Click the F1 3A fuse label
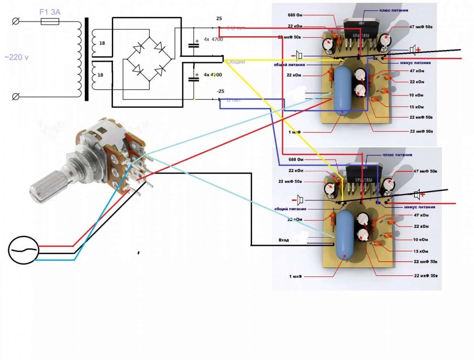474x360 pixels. click(x=50, y=13)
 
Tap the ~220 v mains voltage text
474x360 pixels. click(x=16, y=57)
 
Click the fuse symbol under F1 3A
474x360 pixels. click(x=50, y=22)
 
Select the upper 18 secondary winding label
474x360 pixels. click(x=102, y=43)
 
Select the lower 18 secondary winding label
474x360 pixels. click(x=101, y=75)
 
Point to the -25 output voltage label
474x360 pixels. click(x=220, y=91)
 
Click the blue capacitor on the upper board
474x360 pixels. click(x=343, y=90)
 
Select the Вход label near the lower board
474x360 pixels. click(x=284, y=240)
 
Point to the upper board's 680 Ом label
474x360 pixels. click(x=295, y=16)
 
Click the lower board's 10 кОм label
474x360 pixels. click(x=420, y=240)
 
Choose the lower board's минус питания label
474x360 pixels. click(x=419, y=207)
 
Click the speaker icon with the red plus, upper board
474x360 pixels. click(x=414, y=50)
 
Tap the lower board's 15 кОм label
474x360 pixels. click(x=420, y=251)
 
